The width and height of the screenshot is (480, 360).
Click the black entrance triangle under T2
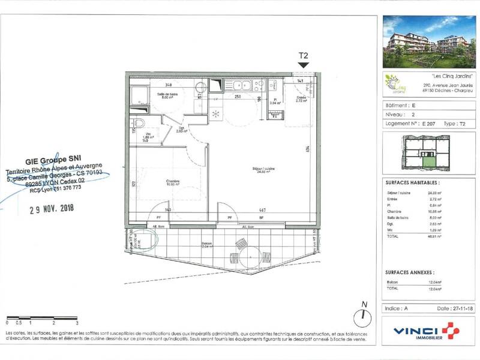tap(304, 65)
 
